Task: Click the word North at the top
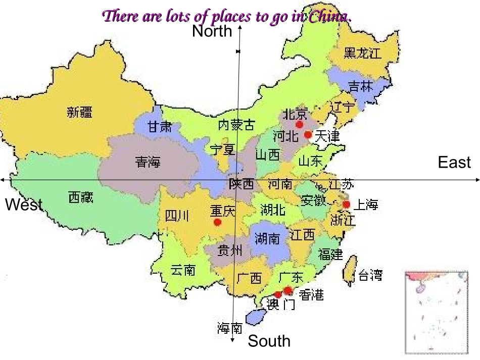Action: tap(212, 32)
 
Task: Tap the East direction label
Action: tap(454, 163)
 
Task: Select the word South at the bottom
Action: tap(269, 341)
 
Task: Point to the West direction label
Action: tap(24, 205)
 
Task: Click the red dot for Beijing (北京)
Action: tap(299, 124)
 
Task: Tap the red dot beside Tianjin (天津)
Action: tap(308, 135)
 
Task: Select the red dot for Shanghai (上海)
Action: tap(346, 204)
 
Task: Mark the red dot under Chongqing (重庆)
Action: tap(217, 222)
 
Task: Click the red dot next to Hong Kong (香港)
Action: tap(287, 290)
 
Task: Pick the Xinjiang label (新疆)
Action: tap(80, 112)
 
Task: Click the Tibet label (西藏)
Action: tap(81, 197)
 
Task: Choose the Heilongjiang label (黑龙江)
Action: tap(362, 53)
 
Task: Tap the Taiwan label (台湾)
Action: tap(370, 275)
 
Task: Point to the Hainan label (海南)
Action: tap(230, 329)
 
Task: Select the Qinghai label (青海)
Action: tap(148, 162)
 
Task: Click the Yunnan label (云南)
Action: tap(182, 270)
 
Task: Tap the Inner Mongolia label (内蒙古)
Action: tap(236, 124)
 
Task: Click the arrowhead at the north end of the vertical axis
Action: tap(239, 27)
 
